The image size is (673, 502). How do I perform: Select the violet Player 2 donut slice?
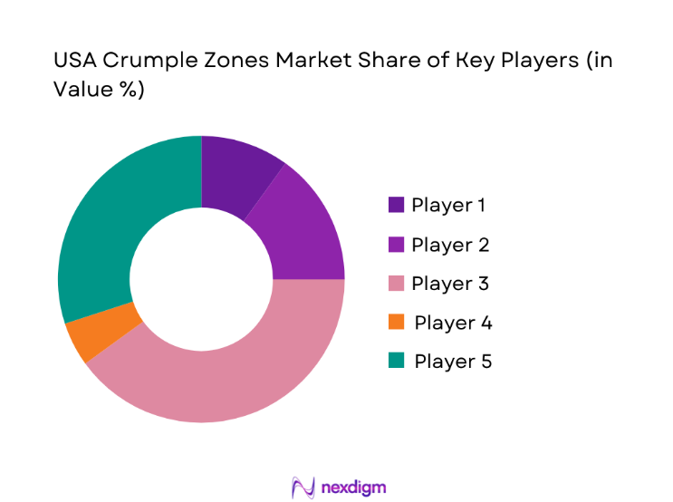click(x=303, y=234)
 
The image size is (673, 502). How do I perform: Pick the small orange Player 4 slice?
click(x=101, y=333)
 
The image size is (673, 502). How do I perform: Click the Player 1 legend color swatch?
click(x=396, y=205)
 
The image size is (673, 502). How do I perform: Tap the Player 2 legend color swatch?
click(x=396, y=245)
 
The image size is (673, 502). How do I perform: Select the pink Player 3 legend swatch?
click(x=396, y=284)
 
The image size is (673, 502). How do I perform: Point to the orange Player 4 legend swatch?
click(x=396, y=323)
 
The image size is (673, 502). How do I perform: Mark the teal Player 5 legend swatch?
click(x=396, y=362)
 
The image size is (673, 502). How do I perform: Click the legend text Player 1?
click(x=448, y=205)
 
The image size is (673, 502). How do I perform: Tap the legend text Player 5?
click(x=453, y=362)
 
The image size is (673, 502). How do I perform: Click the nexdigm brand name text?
click(x=353, y=488)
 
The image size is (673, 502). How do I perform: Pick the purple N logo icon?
click(x=303, y=488)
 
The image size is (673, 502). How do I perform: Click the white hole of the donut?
click(x=201, y=279)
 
